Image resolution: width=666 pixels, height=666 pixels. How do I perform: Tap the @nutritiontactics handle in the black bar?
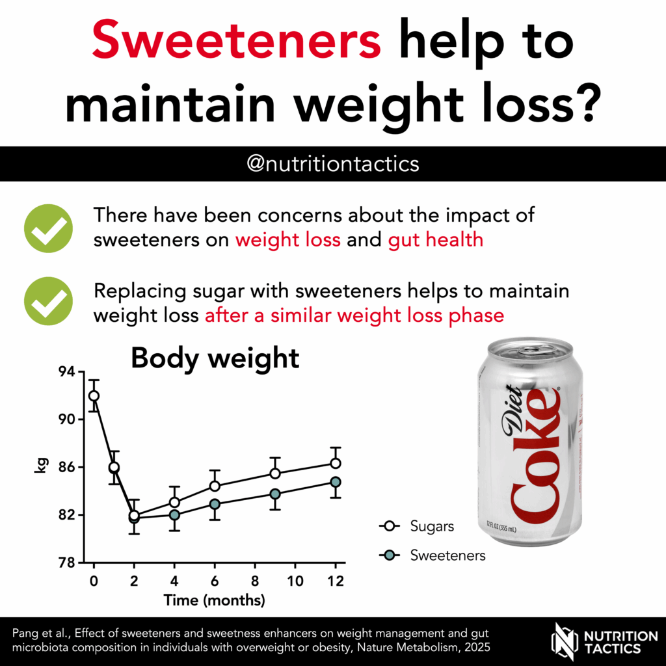[333, 163]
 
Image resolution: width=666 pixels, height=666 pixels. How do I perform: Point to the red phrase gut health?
[435, 239]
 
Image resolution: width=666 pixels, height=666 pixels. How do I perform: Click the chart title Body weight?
[215, 358]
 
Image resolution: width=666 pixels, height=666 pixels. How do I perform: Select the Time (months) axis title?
[214, 600]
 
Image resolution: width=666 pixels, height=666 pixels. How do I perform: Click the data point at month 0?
[94, 395]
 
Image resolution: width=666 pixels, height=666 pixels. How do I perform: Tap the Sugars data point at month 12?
[336, 463]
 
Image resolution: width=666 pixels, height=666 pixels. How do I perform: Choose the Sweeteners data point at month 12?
[336, 482]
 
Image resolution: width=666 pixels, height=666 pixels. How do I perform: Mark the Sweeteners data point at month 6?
[215, 503]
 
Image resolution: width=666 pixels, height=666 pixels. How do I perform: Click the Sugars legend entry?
[416, 526]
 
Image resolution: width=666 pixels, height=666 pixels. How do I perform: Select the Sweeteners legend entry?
[433, 555]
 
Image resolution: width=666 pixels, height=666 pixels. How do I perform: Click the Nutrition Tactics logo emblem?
[564, 641]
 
